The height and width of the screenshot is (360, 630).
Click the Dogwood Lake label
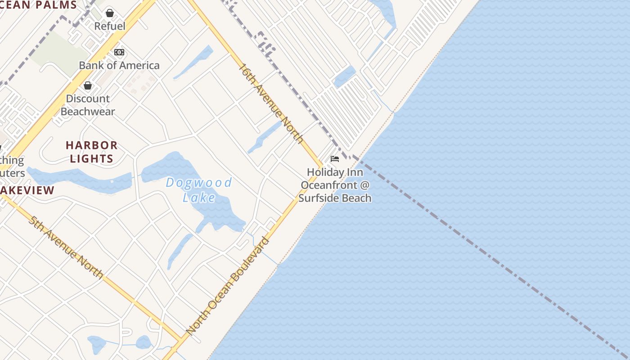pyautogui.click(x=199, y=189)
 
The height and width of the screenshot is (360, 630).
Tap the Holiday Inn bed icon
pyautogui.click(x=335, y=159)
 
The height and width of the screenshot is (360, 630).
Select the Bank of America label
pyautogui.click(x=119, y=65)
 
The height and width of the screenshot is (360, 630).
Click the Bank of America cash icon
pyautogui.click(x=119, y=52)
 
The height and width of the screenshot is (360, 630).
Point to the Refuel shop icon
pyautogui.click(x=110, y=13)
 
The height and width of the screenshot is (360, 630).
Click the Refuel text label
pyautogui.click(x=110, y=26)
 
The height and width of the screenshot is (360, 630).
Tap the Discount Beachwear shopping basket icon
pyautogui.click(x=88, y=85)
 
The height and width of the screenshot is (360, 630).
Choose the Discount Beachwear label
pyautogui.click(x=88, y=105)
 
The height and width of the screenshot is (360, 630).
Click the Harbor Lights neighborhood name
pyautogui.click(x=92, y=152)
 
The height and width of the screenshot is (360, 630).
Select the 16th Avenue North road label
pyautogui.click(x=271, y=103)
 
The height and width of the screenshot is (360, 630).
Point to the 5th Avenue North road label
pyautogui.click(x=66, y=247)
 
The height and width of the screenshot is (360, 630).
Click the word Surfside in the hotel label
pyautogui.click(x=318, y=198)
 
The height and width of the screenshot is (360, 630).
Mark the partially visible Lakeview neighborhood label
pyautogui.click(x=27, y=190)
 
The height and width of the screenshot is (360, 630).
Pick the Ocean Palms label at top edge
pyautogui.click(x=38, y=5)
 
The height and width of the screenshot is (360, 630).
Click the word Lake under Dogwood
pyautogui.click(x=199, y=197)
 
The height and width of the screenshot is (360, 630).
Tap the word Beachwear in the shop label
pyautogui.click(x=88, y=112)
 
